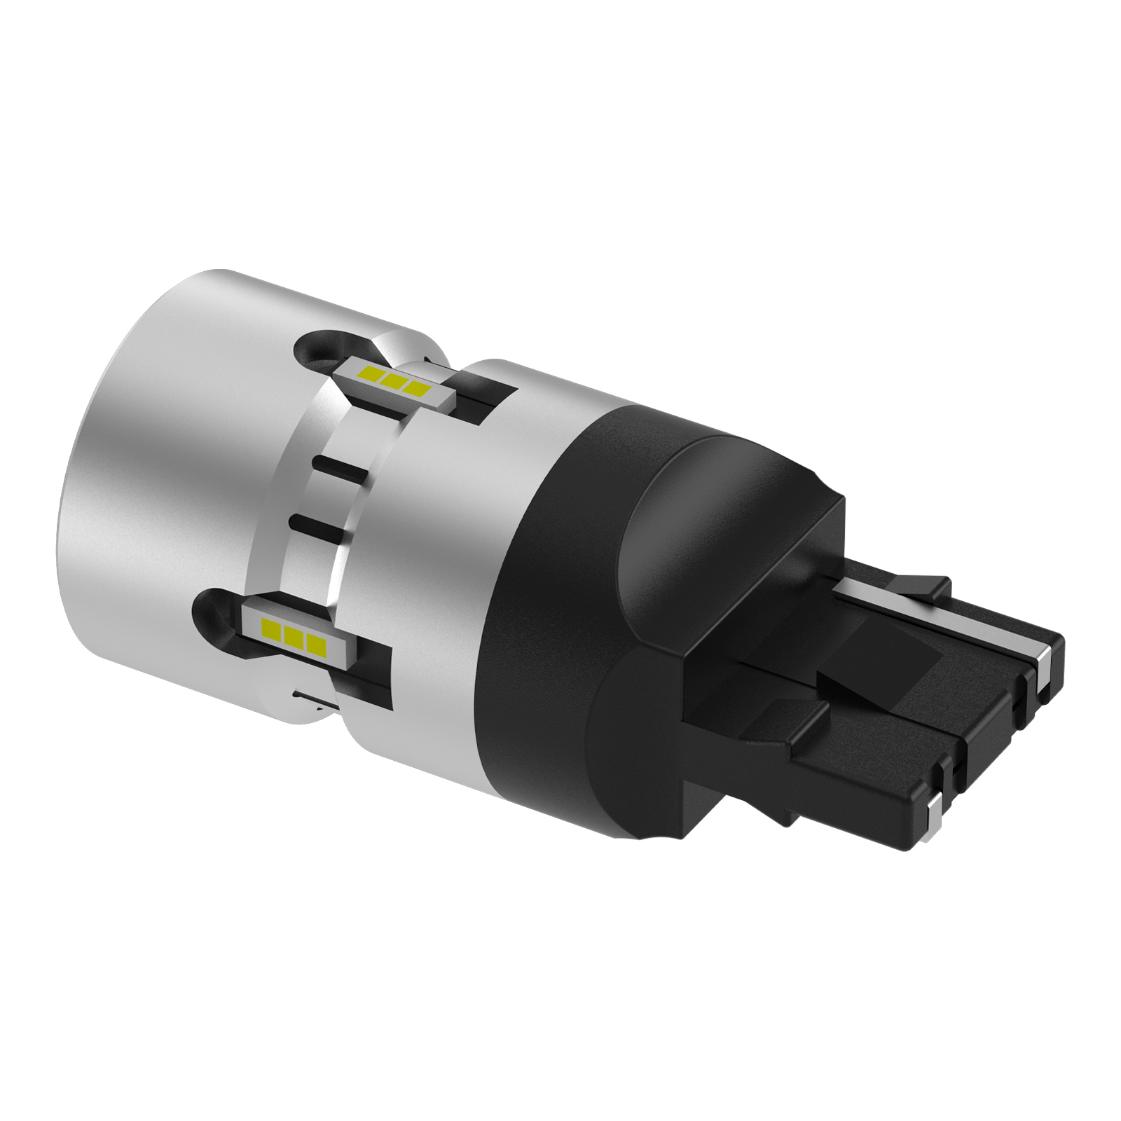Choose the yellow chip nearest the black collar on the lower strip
(x=316, y=643)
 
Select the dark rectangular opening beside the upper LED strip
(x=483, y=399)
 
